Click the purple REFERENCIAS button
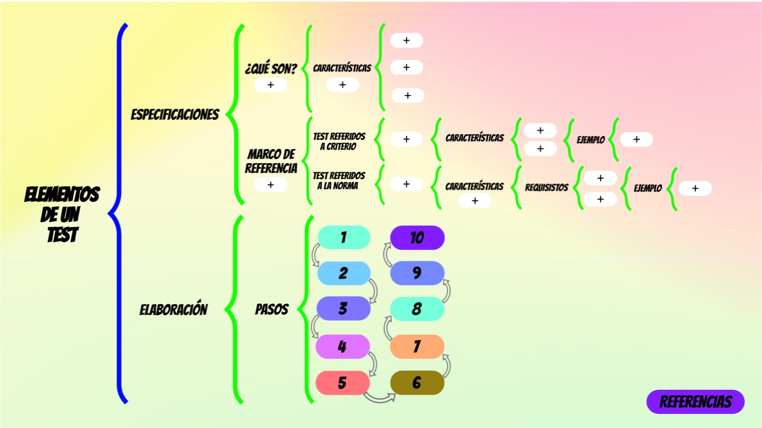(695, 402)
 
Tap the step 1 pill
(344, 237)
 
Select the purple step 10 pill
(417, 238)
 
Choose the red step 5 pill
(342, 383)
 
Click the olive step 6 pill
(417, 383)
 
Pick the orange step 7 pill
(417, 346)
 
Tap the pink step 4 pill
(342, 346)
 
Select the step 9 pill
(417, 273)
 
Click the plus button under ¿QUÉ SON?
(271, 85)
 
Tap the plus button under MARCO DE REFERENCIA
(271, 185)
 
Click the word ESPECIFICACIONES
(175, 115)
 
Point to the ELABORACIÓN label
(173, 309)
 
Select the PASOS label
(272, 309)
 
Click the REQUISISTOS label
(546, 188)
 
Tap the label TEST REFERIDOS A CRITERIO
(339, 141)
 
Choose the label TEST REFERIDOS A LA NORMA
(339, 181)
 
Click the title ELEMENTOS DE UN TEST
(62, 215)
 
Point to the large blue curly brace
(119, 213)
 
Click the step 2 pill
(344, 273)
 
